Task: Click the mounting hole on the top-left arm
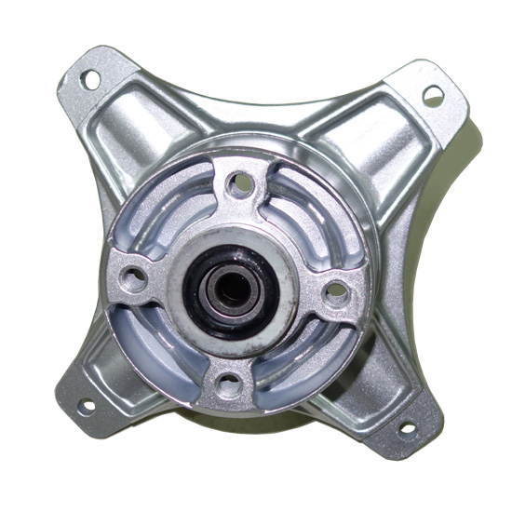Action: pyautogui.click(x=91, y=80)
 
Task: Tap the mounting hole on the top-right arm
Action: pyautogui.click(x=433, y=94)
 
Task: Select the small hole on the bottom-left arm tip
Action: pyautogui.click(x=84, y=406)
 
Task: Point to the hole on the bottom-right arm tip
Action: pyautogui.click(x=407, y=429)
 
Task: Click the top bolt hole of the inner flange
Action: pyautogui.click(x=241, y=182)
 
